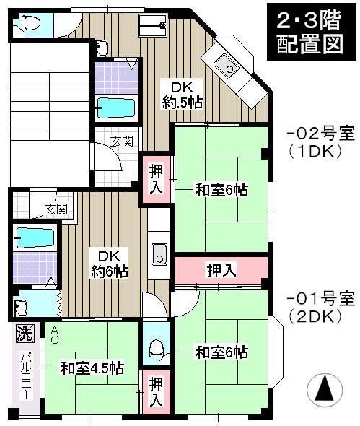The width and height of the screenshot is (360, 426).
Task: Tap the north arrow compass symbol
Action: click(324, 391)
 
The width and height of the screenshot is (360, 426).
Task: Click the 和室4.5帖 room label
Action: click(92, 368)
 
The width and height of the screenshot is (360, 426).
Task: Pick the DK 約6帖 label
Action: click(109, 264)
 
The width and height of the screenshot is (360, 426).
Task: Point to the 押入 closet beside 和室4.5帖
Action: click(155, 391)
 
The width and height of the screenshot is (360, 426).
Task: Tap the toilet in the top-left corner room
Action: click(30, 23)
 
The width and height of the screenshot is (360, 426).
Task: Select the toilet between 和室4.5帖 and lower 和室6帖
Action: click(154, 349)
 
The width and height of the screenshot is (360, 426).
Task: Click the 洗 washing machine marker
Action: click(25, 334)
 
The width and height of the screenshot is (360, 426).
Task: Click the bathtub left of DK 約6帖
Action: click(33, 238)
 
